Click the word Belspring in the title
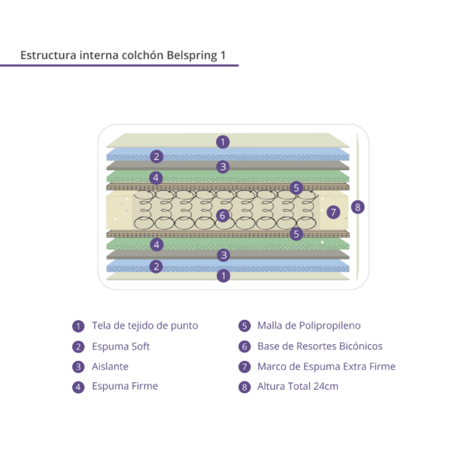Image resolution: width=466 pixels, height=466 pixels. point(192,56)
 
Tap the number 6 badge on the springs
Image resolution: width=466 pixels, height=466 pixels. point(223,215)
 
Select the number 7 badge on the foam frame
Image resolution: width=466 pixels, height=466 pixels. point(333,212)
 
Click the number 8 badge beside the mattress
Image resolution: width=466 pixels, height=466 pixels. point(357,207)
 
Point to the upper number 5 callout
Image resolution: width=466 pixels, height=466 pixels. point(297,188)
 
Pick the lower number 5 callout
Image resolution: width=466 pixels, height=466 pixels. point(297,234)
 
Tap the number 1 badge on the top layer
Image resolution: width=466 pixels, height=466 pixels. point(223,142)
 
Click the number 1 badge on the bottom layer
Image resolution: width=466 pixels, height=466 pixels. point(224,276)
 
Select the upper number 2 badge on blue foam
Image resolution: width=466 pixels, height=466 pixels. point(156,156)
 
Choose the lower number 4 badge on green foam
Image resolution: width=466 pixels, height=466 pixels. point(157,245)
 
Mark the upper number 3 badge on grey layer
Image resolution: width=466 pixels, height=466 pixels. point(223,167)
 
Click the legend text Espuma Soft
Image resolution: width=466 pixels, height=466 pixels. point(120,346)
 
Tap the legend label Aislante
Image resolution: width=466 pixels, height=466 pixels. point(110,367)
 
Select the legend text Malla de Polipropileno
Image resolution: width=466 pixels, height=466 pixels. point(309,325)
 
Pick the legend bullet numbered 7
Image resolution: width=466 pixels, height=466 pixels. point(245,367)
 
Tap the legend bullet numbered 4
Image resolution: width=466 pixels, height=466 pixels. point(78,387)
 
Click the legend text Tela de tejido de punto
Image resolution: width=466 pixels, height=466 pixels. point(144,325)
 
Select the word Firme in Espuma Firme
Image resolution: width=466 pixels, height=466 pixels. point(144,386)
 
